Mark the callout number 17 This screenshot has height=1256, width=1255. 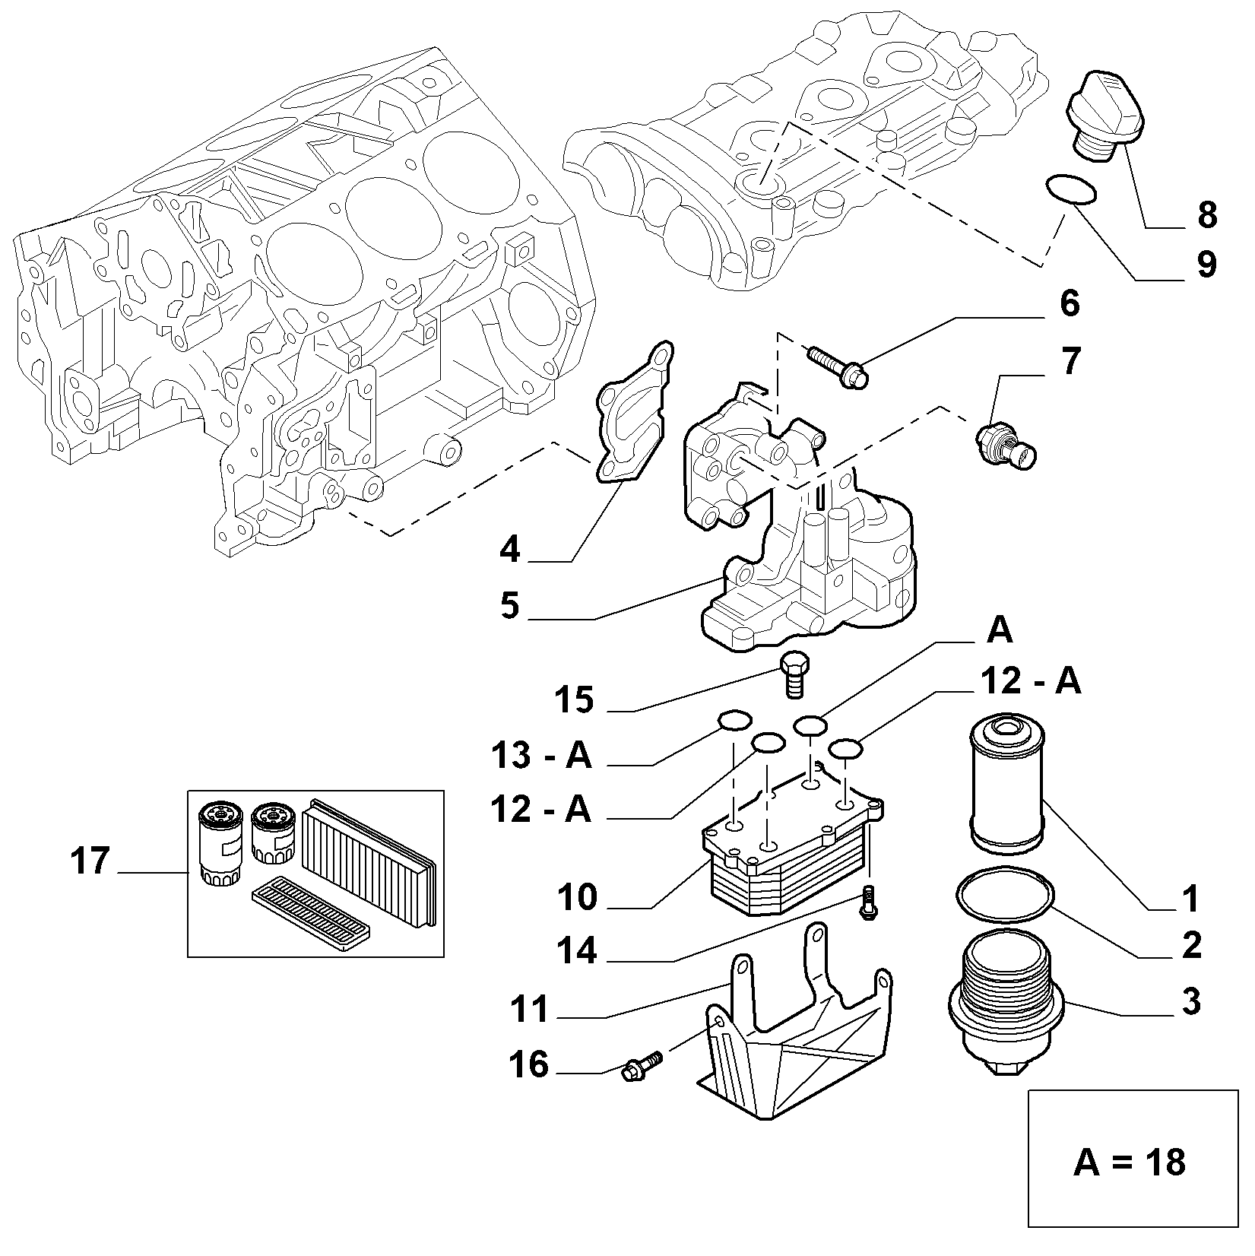coord(90,861)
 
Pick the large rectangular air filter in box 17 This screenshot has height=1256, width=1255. coord(369,861)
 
